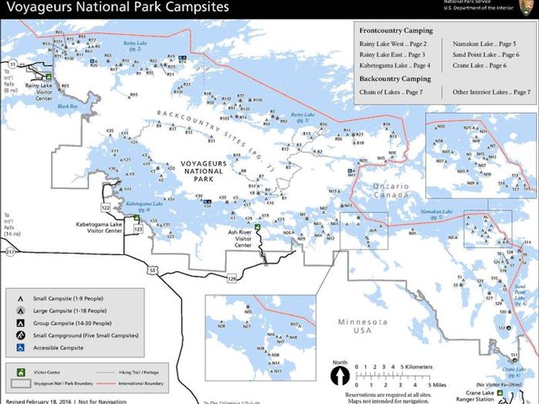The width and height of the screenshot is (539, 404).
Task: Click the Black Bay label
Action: pyautogui.click(x=67, y=106)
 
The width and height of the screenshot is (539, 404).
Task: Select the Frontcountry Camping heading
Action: pyautogui.click(x=395, y=31)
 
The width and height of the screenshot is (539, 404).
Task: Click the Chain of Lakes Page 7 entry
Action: pyautogui.click(x=391, y=92)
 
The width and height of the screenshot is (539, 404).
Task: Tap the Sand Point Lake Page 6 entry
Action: pyautogui.click(x=486, y=55)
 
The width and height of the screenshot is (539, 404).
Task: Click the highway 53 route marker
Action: pyautogui.click(x=152, y=271)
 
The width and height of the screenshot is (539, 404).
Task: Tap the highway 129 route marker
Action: pyautogui.click(x=232, y=278)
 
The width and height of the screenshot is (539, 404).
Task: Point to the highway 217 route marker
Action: pyautogui.click(x=9, y=252)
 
